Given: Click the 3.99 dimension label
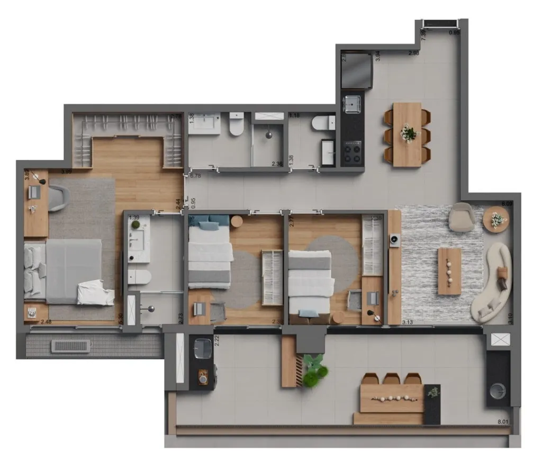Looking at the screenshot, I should pyautogui.click(x=67, y=172).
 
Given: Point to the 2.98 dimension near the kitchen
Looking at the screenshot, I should pyautogui.click(x=413, y=53).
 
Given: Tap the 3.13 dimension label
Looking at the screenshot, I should pyautogui.click(x=408, y=322).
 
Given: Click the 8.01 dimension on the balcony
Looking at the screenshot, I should pyautogui.click(x=503, y=422).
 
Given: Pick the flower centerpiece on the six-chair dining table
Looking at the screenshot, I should pyautogui.click(x=408, y=133).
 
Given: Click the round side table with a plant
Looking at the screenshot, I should pyautogui.click(x=496, y=219).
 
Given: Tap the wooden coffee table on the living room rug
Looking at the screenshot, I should pyautogui.click(x=449, y=271).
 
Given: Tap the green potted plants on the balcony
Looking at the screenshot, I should pyautogui.click(x=313, y=369).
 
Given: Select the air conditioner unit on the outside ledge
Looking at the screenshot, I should pyautogui.click(x=66, y=346).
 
